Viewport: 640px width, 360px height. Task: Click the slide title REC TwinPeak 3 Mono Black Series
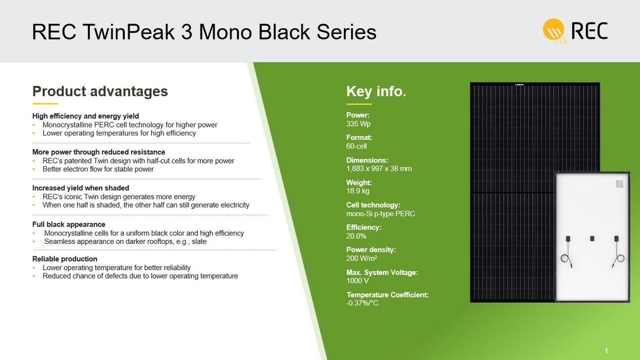coord(204,32)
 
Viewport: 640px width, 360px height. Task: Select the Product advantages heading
coord(100,91)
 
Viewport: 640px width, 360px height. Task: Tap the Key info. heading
coord(376,91)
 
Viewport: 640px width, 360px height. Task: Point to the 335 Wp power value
coord(358,124)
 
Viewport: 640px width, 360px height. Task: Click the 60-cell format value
coord(356,146)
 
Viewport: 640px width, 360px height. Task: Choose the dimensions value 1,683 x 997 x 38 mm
coord(379,168)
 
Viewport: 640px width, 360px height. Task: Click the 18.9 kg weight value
coord(358,191)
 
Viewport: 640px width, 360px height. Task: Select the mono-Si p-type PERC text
coord(380,213)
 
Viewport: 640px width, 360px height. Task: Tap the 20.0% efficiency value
coord(356,236)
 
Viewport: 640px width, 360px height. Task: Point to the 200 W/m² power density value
coord(361,258)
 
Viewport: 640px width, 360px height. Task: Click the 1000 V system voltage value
coord(357,280)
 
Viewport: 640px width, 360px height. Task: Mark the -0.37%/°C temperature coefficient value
coord(362,303)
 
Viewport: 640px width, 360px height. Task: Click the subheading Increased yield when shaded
coord(81,188)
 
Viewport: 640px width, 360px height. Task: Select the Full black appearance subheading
coord(68,224)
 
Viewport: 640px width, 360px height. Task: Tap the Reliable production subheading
coord(65,259)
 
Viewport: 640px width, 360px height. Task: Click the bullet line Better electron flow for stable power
coord(98,169)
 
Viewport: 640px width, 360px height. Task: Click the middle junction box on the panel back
coord(592,239)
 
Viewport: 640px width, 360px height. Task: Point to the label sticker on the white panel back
coord(619,184)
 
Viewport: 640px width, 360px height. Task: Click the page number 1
coord(606,351)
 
